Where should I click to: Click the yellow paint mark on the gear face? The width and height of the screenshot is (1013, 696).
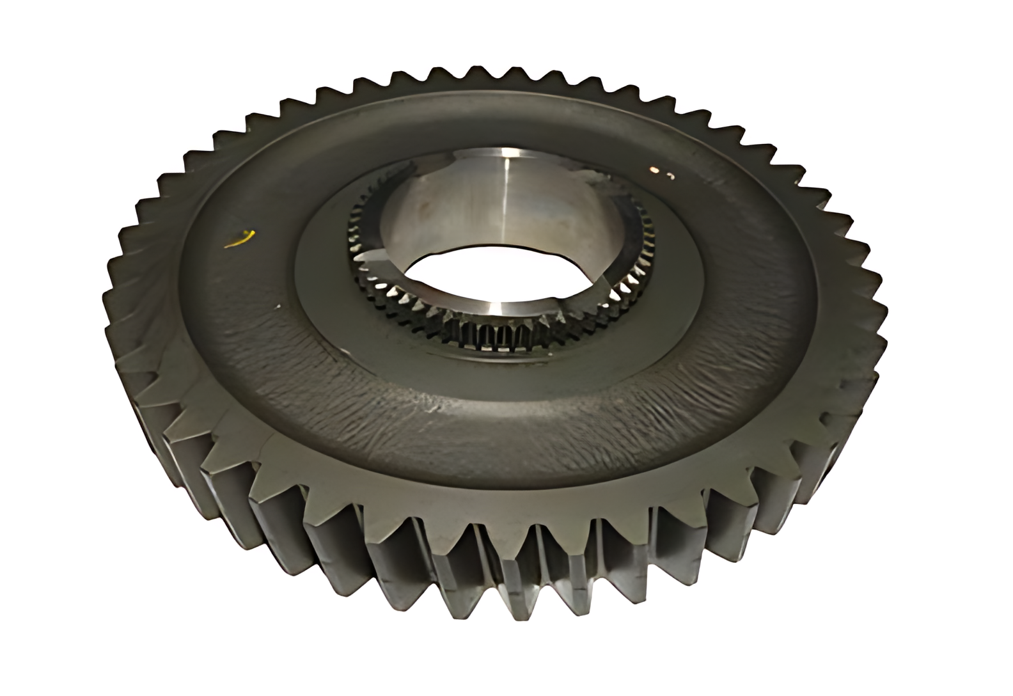coord(241,239)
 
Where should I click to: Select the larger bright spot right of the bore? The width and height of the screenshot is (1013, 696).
coord(654,170)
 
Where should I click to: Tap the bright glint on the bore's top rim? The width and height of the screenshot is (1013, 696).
coord(506,152)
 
